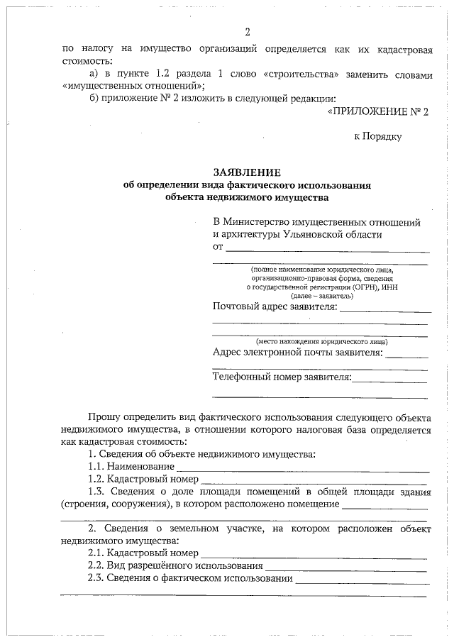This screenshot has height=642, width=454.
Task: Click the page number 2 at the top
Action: pyautogui.click(x=247, y=32)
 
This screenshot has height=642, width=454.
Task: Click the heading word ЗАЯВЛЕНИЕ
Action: pyautogui.click(x=247, y=172)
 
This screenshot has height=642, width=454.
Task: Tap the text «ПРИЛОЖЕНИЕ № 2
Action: pyautogui.click(x=379, y=111)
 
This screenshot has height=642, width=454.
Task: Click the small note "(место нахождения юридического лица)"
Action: pyautogui.click(x=321, y=341)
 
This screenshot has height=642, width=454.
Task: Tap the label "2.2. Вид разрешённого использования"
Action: pyautogui.click(x=175, y=566)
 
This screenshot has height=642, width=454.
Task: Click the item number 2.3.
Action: pyautogui.click(x=96, y=578)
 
